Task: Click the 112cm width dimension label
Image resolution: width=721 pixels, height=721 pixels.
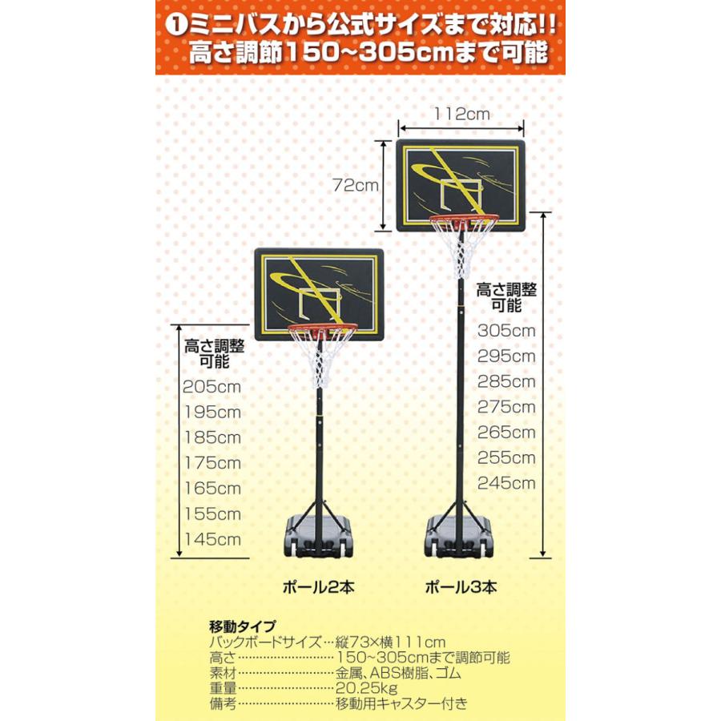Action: (461, 115)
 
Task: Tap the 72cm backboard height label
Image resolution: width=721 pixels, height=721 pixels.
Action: (356, 185)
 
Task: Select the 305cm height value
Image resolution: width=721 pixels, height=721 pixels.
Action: (506, 330)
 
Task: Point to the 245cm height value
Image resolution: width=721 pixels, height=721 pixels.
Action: (506, 483)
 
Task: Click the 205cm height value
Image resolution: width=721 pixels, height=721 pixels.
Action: (212, 386)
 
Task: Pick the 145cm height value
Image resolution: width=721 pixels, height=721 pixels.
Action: (212, 539)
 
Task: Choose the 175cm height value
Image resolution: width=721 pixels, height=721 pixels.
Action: (212, 462)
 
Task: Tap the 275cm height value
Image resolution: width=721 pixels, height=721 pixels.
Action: (506, 407)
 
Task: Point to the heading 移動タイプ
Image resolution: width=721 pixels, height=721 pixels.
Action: (242, 626)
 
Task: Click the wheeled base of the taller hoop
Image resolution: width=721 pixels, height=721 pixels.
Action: (459, 537)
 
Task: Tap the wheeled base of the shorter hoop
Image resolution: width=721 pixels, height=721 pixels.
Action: (318, 538)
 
